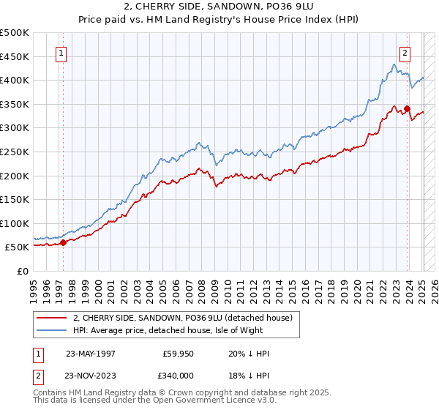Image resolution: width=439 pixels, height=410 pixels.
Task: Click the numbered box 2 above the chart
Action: [405, 53]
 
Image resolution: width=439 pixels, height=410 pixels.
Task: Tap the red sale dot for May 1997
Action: [63, 242]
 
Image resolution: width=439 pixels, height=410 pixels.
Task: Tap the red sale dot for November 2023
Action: [407, 109]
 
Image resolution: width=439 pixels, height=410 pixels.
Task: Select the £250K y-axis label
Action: [15, 152]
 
